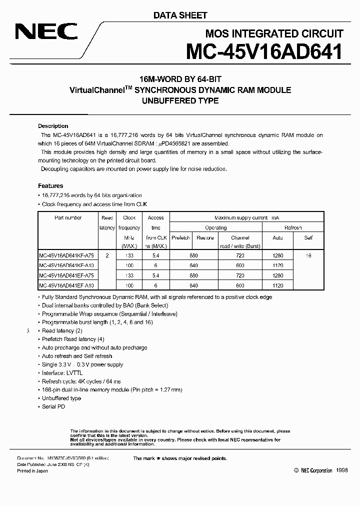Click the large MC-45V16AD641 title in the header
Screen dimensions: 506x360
coord(264,52)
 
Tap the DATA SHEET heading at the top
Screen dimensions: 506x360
coord(180,15)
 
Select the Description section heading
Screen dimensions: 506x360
coord(53,126)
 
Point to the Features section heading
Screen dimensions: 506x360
coord(50,185)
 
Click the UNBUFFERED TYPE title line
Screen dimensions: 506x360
coord(179,100)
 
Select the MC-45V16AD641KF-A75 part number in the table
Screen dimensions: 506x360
coord(67,255)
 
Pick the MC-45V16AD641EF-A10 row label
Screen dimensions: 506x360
coord(67,285)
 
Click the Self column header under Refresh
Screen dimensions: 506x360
coord(308,238)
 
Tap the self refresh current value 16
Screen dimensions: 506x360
coord(308,255)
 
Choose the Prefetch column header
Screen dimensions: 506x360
coord(180,238)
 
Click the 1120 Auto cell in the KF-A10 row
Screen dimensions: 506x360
coord(277,265)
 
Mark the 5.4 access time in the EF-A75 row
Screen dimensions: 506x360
coord(155,275)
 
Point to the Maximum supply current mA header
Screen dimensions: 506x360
coord(246,217)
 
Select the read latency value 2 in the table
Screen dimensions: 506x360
coord(107,255)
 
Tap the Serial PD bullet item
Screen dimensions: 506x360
coord(54,407)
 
